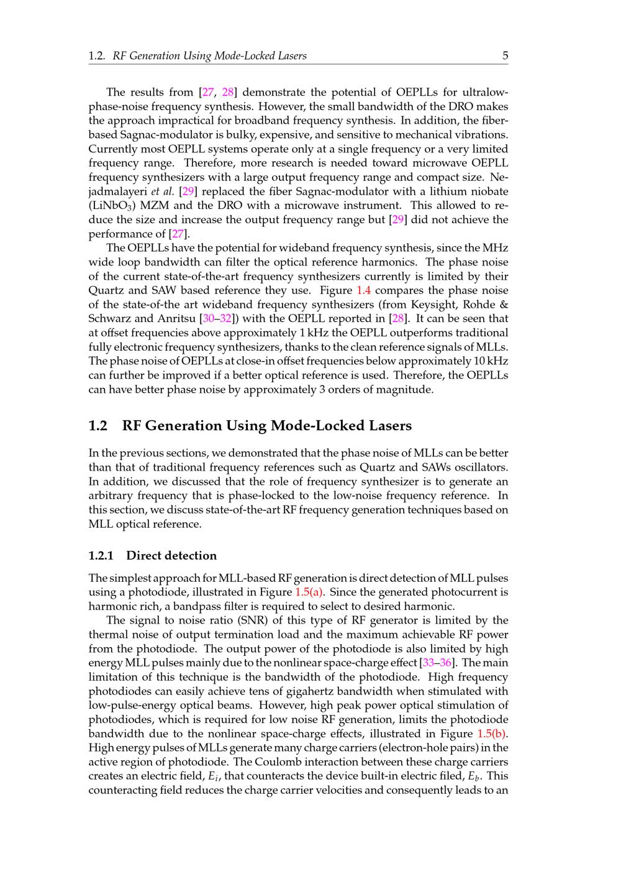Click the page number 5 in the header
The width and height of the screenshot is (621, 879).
click(x=505, y=56)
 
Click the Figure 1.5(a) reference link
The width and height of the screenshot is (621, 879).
click(x=309, y=592)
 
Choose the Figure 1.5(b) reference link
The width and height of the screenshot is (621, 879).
click(x=492, y=734)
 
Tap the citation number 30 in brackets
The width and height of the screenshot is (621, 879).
click(x=207, y=319)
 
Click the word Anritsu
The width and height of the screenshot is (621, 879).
click(x=177, y=319)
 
